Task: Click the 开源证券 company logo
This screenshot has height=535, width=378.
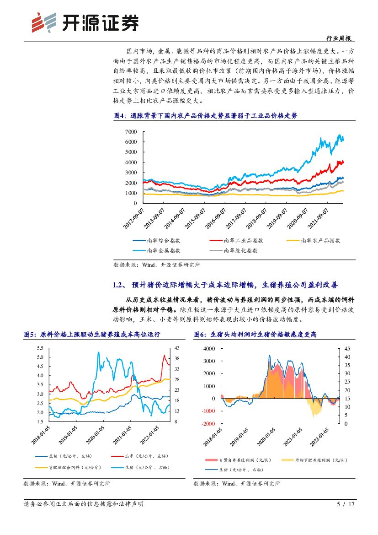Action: (85, 22)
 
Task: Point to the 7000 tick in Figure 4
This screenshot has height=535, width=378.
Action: (131, 132)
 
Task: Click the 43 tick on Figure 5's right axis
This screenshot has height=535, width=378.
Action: (173, 348)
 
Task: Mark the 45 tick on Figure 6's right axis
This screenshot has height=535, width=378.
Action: (347, 348)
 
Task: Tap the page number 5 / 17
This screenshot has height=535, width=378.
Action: (346, 504)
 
